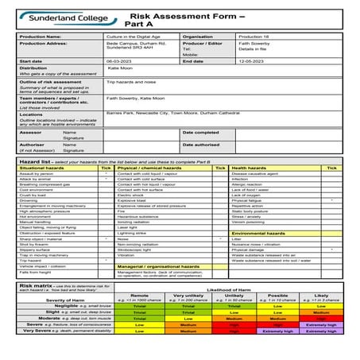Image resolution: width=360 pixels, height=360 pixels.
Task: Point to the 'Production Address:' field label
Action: coord(43,44)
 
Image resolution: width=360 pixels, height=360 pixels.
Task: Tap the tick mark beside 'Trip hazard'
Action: coord(106,259)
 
